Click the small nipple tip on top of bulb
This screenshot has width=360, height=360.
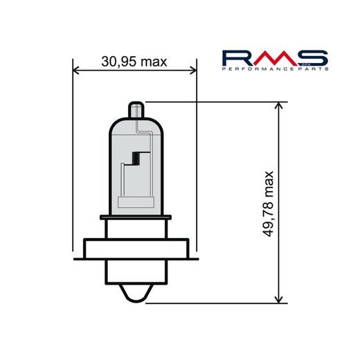pos(136,109)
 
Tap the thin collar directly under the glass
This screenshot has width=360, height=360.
pos(136,217)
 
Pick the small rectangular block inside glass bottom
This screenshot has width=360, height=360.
pos(136,202)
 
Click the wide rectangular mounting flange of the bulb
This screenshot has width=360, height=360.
pos(136,249)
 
